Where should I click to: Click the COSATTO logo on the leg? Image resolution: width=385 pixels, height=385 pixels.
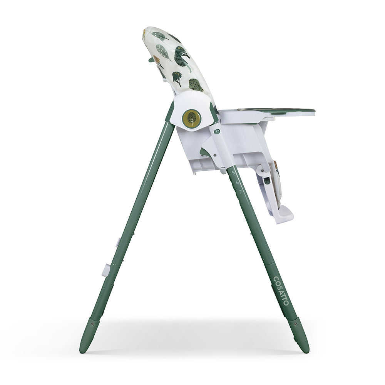[281, 291]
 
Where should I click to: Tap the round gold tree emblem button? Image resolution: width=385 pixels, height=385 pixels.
[191, 118]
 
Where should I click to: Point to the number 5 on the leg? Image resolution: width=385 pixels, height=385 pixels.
[233, 172]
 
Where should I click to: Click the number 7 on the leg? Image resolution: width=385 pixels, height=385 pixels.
[240, 191]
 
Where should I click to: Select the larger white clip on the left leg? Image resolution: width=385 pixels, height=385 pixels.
[105, 270]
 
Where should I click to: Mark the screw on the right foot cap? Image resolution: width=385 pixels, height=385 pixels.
[295, 324]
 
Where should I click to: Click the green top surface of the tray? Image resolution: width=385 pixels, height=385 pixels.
[281, 110]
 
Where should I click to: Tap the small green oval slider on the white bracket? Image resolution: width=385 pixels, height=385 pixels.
[217, 132]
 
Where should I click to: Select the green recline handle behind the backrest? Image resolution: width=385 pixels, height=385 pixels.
[151, 59]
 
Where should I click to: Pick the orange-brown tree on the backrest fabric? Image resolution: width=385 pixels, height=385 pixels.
[156, 60]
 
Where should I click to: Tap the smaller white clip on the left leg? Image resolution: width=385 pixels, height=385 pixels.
[118, 243]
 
